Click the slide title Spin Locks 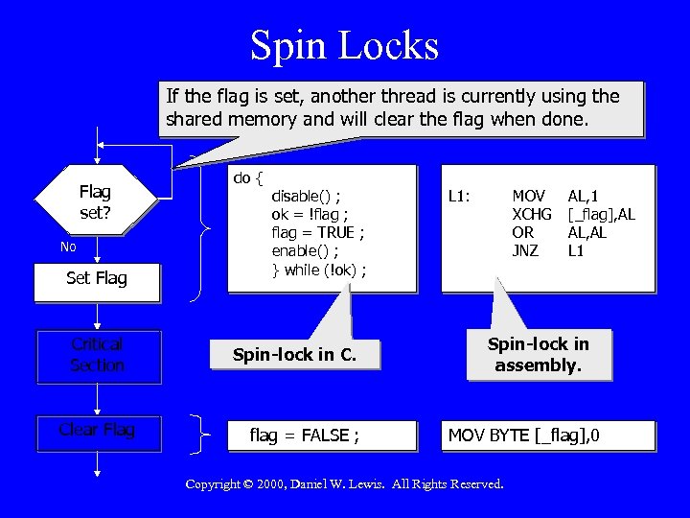[x=344, y=45]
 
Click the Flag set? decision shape [x=95, y=201]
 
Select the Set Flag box [x=96, y=279]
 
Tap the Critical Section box [x=97, y=354]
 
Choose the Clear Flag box [x=97, y=430]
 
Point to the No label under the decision [x=68, y=247]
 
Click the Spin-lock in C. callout [x=294, y=355]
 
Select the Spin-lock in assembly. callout [x=538, y=354]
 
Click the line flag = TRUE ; [x=318, y=232]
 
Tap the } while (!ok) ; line [x=318, y=269]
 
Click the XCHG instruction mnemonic [x=532, y=214]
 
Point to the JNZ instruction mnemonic [x=525, y=250]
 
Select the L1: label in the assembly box [x=459, y=196]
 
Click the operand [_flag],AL [x=602, y=214]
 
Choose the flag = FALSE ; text [x=305, y=436]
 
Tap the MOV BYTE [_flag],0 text [x=525, y=436]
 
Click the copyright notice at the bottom [x=344, y=484]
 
